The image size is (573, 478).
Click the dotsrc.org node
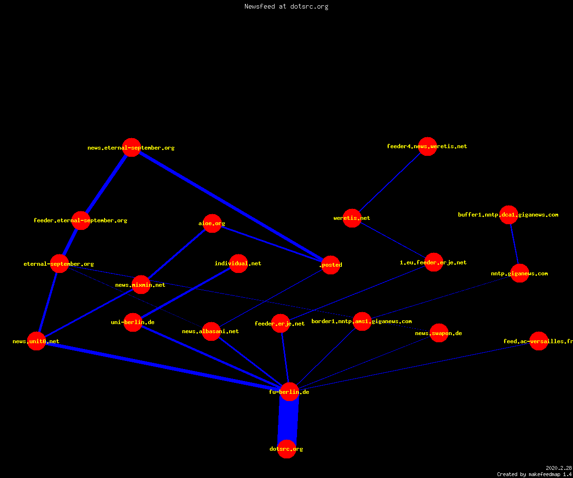(286, 449)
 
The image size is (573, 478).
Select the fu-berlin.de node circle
(289, 391)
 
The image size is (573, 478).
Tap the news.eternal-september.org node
(131, 148)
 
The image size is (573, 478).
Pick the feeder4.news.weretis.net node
(427, 146)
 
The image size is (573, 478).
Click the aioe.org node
(212, 223)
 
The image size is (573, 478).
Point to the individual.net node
(238, 263)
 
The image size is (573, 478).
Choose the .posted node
(331, 265)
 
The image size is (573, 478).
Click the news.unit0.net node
(36, 341)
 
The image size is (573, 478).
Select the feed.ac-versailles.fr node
(539, 341)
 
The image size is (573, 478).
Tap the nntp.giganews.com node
(520, 273)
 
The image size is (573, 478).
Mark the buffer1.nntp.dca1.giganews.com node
(509, 215)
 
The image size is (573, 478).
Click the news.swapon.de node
(439, 333)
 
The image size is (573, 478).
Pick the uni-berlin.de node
(133, 322)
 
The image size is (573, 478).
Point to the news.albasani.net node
(211, 331)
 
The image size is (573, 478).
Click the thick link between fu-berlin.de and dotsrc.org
(288, 420)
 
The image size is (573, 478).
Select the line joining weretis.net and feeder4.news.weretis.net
(390, 182)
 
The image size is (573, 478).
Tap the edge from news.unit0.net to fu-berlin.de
(163, 366)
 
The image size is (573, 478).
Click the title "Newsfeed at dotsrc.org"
(286, 6)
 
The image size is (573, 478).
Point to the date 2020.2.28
(559, 468)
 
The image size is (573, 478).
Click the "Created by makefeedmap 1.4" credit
(535, 475)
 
